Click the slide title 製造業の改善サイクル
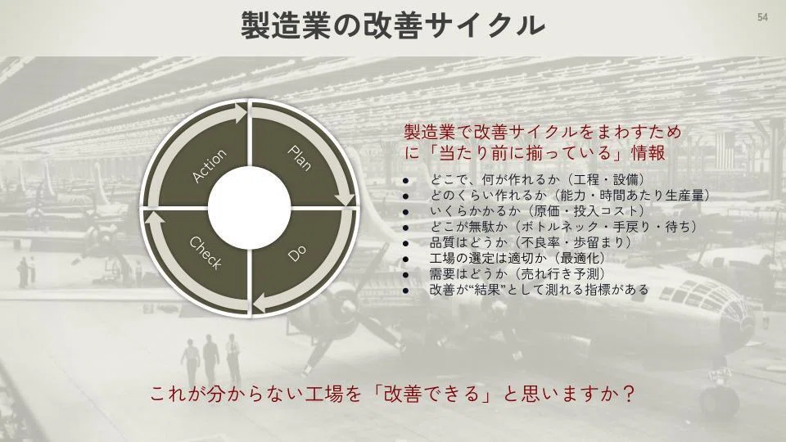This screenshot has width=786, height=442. click(392, 25)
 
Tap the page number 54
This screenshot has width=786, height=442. click(762, 17)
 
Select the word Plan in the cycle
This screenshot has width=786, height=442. click(300, 158)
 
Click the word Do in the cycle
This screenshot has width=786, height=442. click(297, 254)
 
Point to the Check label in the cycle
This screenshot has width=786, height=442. click(206, 253)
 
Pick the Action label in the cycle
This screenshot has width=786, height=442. click(210, 166)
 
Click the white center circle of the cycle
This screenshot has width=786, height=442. click(249, 207)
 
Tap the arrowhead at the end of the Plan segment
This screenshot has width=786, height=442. click(346, 200)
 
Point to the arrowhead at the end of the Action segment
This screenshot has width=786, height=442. click(241, 111)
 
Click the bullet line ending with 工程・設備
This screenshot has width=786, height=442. click(538, 179)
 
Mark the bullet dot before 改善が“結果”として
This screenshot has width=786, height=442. click(405, 291)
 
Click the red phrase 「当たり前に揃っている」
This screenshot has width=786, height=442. click(524, 152)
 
